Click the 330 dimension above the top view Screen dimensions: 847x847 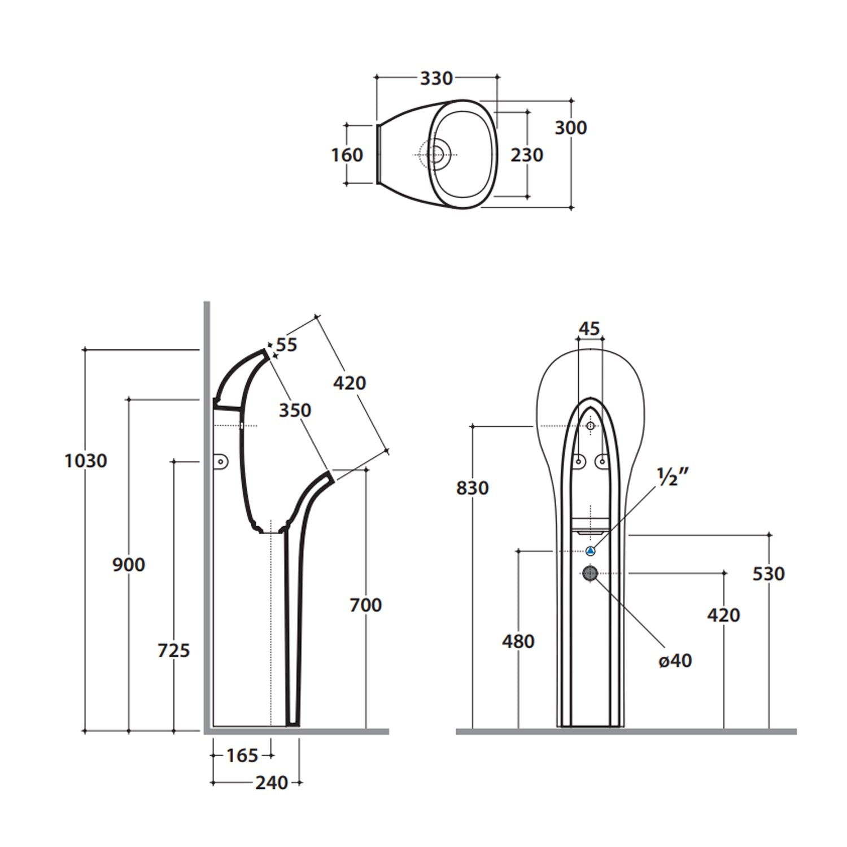tap(436, 78)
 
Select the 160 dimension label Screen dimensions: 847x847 tap(347, 155)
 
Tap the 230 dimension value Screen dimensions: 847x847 tap(527, 155)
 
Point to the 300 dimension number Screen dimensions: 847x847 tap(570, 128)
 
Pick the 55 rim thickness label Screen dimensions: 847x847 tap(287, 344)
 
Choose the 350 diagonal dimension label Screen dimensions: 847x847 tap(295, 410)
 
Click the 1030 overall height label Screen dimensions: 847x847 tap(85, 461)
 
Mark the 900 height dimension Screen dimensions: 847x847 tap(129, 564)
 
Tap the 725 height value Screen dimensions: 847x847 tap(173, 650)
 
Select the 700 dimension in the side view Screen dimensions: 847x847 tap(366, 605)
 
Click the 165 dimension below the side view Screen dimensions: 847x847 tap(242, 755)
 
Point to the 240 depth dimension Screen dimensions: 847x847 tap(272, 783)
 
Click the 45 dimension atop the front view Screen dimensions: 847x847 tap(590, 329)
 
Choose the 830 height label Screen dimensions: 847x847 tap(473, 488)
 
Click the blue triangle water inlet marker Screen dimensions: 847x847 tap(590, 551)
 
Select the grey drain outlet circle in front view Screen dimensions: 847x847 tap(590, 573)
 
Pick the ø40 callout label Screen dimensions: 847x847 tap(675, 660)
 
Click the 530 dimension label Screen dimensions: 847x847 tap(769, 574)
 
